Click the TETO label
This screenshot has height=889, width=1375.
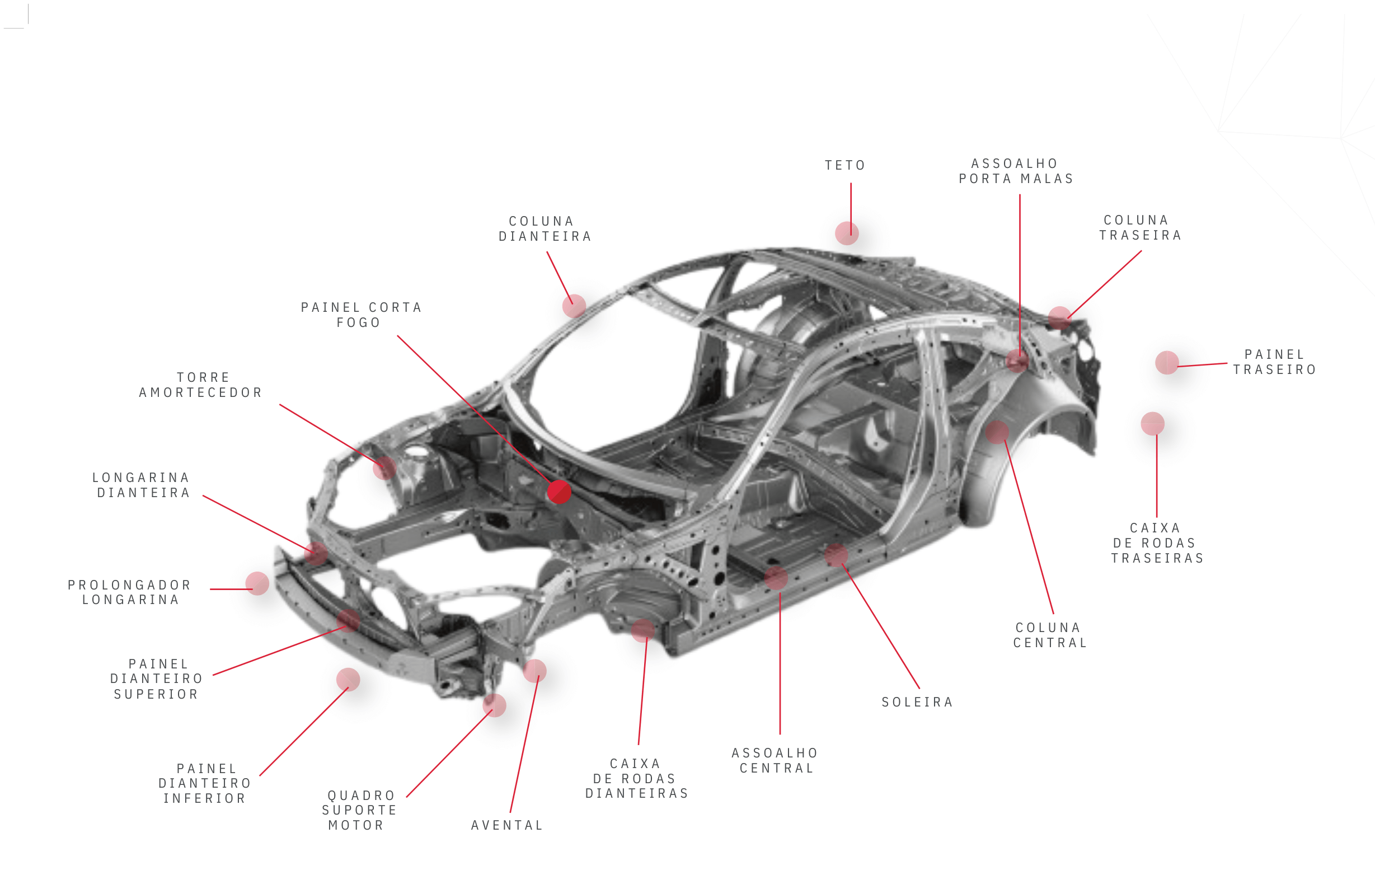pyautogui.click(x=844, y=166)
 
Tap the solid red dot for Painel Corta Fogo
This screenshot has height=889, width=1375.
pyautogui.click(x=559, y=492)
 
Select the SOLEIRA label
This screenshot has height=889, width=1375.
pyautogui.click(x=917, y=703)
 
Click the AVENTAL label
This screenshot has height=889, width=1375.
pyautogui.click(x=507, y=826)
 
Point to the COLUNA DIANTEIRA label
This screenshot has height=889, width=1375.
pyautogui.click(x=545, y=229)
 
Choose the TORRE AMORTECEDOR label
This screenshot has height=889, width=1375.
pyautogui.click(x=201, y=385)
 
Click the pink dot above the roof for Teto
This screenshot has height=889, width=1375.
pyautogui.click(x=847, y=233)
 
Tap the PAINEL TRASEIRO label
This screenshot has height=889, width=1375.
pyautogui.click(x=1275, y=362)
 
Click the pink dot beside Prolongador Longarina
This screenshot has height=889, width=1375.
pyautogui.click(x=257, y=584)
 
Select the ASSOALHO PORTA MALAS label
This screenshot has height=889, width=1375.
pyautogui.click(x=1016, y=171)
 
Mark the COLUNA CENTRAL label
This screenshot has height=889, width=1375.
pyautogui.click(x=1050, y=635)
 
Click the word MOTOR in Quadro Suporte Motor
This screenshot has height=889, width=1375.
pyautogui.click(x=356, y=826)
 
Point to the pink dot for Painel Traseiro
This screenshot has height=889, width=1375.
pyautogui.click(x=1166, y=363)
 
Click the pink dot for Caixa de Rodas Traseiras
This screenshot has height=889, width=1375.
pyautogui.click(x=1152, y=424)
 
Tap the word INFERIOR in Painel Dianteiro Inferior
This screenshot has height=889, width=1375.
pyautogui.click(x=205, y=799)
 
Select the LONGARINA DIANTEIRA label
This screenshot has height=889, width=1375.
pyautogui.click(x=142, y=485)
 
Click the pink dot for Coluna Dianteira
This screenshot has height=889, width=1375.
pyautogui.click(x=574, y=306)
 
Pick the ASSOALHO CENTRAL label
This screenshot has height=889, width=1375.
pyautogui.click(x=776, y=761)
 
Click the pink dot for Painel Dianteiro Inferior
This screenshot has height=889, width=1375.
pyautogui.click(x=348, y=680)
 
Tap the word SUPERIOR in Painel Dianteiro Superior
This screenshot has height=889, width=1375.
pyautogui.click(x=156, y=694)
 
